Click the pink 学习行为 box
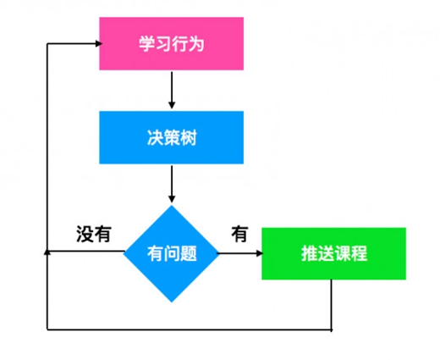[171, 43]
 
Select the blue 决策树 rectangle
[171, 137]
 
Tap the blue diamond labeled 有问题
[172, 253]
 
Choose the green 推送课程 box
[333, 253]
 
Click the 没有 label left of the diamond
[94, 234]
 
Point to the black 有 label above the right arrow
[239, 234]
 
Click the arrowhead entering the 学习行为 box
[98, 43]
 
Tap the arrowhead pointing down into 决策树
[172, 105]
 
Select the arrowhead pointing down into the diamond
[172, 199]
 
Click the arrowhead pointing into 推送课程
[259, 253]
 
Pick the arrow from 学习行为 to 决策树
[172, 90]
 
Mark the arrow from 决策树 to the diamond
[172, 184]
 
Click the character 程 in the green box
[359, 253]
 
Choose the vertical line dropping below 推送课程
[331, 305]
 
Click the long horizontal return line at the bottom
[190, 330]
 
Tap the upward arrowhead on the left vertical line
[47, 252]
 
